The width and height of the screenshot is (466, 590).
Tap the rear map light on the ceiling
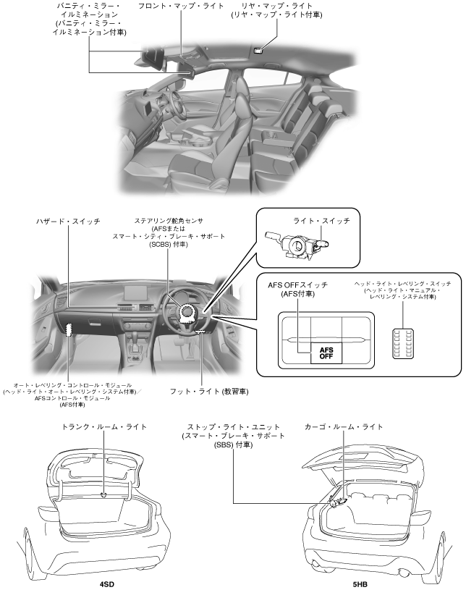259,50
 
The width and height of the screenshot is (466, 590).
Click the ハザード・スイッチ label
68,219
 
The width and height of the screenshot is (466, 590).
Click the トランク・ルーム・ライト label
105,427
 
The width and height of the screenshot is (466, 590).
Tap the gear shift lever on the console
135,350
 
